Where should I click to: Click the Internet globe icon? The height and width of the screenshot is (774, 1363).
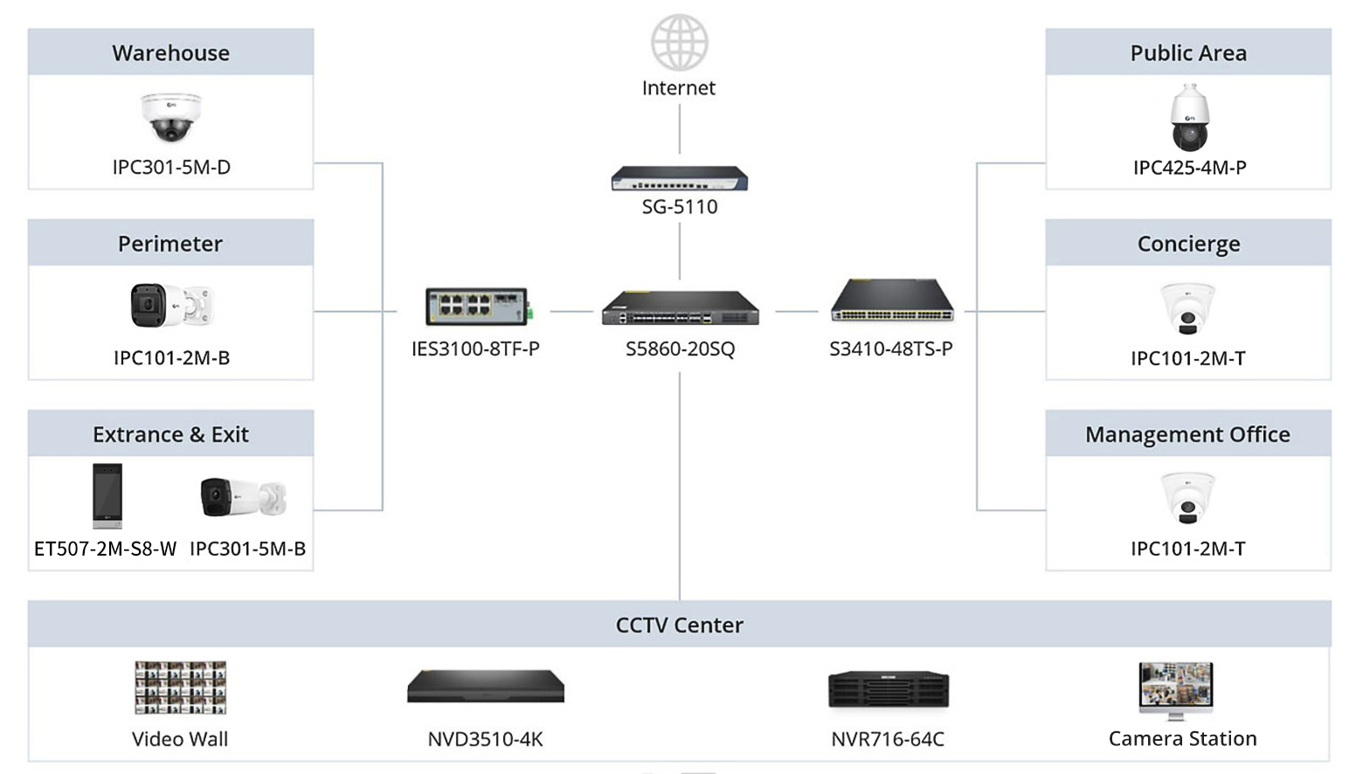coord(679,42)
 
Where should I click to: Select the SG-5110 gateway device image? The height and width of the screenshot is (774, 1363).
coord(679,178)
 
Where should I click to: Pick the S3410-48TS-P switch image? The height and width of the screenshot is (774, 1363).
coord(891,301)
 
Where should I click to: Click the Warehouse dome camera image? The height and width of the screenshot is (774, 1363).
coord(171,117)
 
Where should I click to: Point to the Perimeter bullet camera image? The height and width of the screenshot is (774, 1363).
coord(171,306)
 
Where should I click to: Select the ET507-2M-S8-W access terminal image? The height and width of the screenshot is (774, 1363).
coord(107,495)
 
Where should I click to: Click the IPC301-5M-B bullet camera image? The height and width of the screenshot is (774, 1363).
coord(243,496)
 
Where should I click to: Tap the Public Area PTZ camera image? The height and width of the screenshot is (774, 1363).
coord(1189,118)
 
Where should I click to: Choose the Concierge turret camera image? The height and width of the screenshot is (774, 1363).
coord(1187,308)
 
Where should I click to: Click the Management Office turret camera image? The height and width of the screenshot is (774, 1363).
coord(1187,498)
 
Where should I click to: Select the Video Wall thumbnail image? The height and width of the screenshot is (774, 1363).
coord(181,688)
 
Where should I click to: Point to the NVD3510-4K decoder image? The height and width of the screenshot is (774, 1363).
coord(486,687)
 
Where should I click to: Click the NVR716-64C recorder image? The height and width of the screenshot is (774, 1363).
coord(889,689)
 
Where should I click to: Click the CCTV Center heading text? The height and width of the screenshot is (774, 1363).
coord(679,625)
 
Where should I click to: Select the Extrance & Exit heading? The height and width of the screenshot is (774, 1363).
coord(170,434)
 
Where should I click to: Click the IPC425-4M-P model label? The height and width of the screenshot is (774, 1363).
coord(1189,167)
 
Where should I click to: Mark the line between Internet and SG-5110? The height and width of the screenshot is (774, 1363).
coord(680,128)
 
